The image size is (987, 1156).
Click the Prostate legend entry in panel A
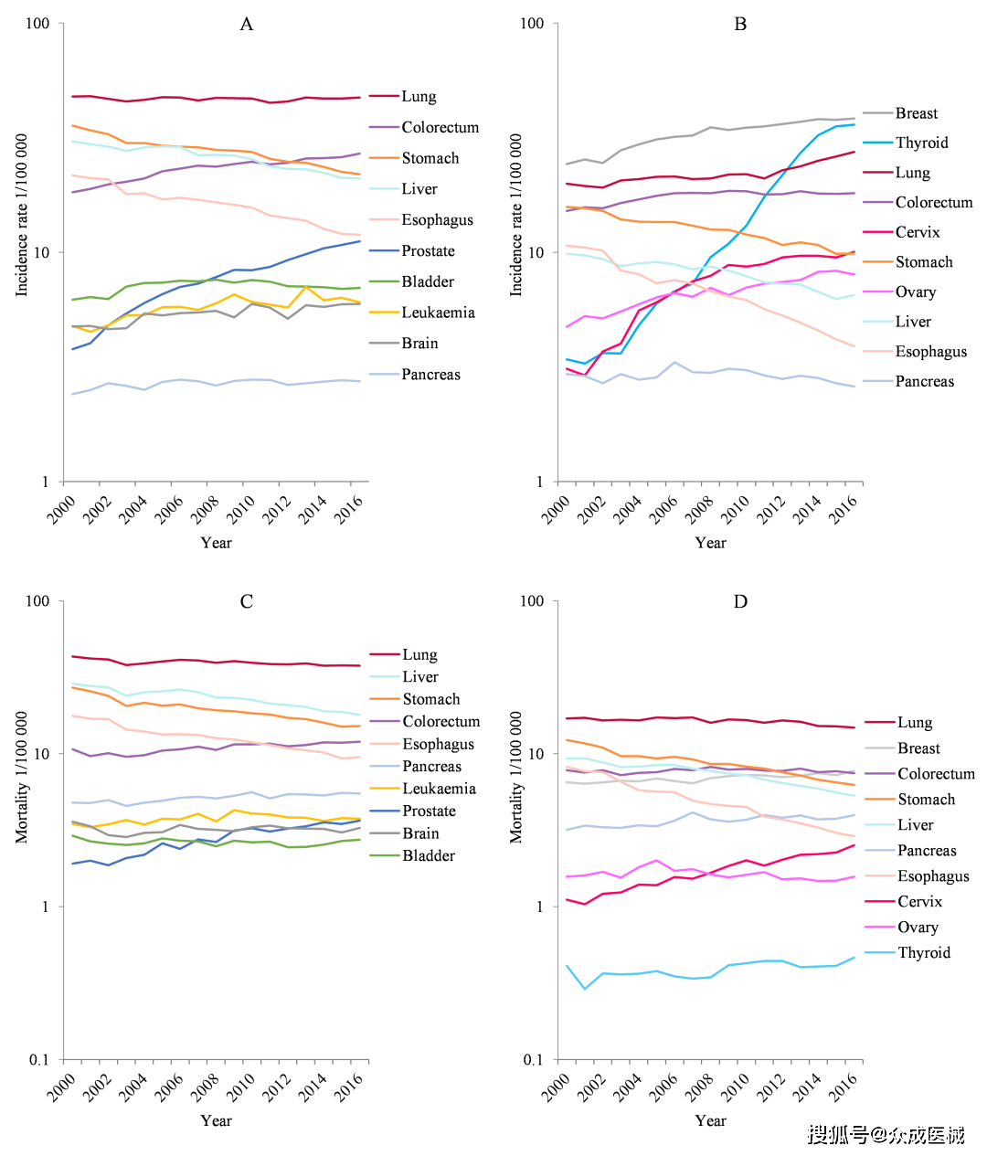point(428,251)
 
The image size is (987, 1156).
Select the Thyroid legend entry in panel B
point(921,143)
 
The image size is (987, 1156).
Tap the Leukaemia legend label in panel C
point(439,789)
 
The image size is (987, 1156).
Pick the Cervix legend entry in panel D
point(919,902)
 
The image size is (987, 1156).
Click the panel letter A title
point(246,25)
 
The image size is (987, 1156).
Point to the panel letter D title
point(740,601)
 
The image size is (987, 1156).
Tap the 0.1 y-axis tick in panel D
point(533,1060)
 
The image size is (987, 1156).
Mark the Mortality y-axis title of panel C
point(21,777)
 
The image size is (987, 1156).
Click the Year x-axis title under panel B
point(710,543)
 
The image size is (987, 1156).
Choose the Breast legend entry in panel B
point(917,113)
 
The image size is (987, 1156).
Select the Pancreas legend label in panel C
point(431,767)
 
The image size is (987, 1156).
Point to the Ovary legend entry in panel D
point(918,928)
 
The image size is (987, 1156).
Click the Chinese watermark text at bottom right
point(886,1135)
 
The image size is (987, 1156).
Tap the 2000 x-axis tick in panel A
point(62,509)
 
